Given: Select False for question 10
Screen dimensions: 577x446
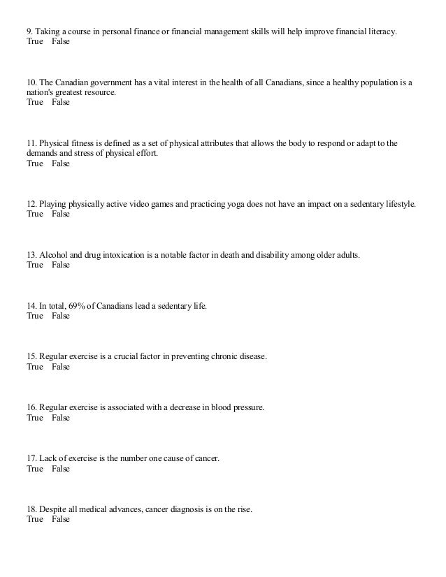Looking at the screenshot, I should coord(61,102).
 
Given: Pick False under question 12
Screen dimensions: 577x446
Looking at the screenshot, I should coord(61,214).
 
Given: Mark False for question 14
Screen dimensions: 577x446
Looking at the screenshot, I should coord(61,316).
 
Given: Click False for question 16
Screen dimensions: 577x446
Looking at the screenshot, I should coord(61,418).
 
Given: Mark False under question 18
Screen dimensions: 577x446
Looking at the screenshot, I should coord(61,520).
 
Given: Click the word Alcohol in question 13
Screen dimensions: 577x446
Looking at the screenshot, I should coord(55,254).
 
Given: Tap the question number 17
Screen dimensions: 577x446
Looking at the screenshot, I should coord(31,458).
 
